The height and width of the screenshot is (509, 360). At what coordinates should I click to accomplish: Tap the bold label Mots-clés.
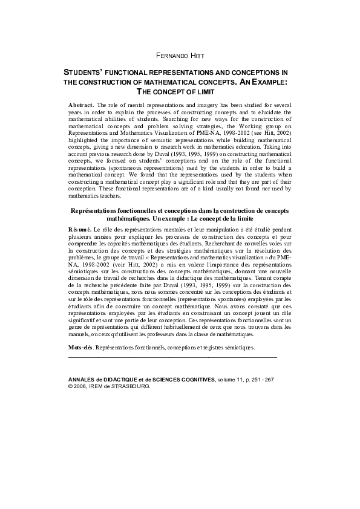pos(82,348)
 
